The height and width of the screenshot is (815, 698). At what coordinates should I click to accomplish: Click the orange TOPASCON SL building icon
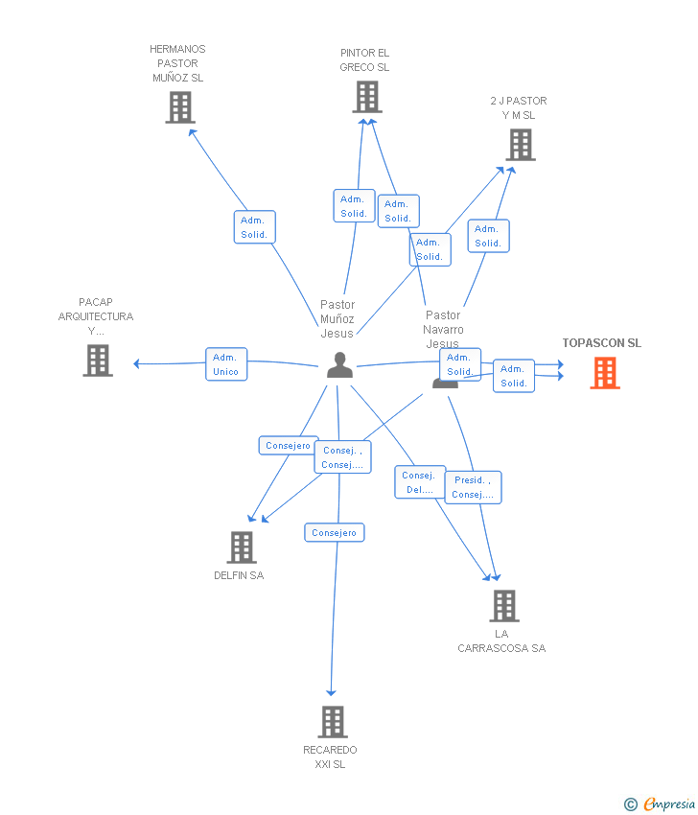[x=604, y=373]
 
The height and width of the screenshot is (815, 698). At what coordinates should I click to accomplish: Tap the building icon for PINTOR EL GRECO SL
[x=367, y=97]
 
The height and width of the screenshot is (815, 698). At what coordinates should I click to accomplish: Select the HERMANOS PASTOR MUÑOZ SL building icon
[x=179, y=107]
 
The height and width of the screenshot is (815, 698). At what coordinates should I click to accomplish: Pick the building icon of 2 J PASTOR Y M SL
[x=521, y=145]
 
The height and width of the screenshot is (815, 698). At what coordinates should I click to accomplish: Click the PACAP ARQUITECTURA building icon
[x=98, y=361]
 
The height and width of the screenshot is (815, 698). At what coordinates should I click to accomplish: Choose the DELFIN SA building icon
[x=242, y=547]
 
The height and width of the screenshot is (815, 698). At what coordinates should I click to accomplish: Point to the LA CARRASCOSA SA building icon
[x=504, y=606]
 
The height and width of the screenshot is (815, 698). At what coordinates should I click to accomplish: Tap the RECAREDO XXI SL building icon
[x=332, y=722]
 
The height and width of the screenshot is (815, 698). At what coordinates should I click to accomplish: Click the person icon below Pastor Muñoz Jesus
[x=339, y=365]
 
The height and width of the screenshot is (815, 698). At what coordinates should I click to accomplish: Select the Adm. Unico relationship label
[x=226, y=364]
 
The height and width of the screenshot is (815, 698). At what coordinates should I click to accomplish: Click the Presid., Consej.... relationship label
[x=473, y=487]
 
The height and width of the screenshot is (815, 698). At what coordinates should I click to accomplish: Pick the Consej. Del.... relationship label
[x=419, y=482]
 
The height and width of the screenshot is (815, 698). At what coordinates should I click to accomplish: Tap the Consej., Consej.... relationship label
[x=342, y=457]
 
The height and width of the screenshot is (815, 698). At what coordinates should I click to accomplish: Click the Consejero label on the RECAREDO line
[x=334, y=532]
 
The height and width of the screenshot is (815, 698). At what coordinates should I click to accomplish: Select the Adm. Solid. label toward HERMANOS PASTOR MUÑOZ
[x=254, y=227]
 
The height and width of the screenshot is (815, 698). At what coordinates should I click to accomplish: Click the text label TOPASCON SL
[x=602, y=343]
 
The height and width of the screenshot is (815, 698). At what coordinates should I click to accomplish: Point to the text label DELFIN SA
[x=239, y=575]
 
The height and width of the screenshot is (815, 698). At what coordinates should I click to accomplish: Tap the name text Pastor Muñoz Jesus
[x=337, y=319]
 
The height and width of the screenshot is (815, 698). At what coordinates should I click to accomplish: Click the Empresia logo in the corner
[x=661, y=803]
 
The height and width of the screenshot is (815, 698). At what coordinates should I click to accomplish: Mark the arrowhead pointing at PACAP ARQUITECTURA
[x=136, y=363]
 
